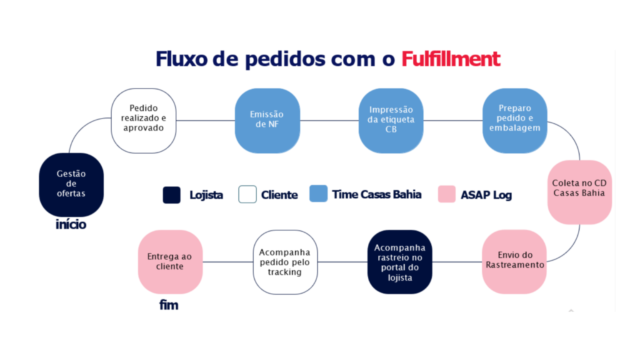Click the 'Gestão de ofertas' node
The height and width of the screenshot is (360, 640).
tap(71, 184)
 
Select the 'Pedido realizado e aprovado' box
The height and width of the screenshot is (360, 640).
tap(143, 120)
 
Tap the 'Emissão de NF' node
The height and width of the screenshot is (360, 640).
tap(267, 120)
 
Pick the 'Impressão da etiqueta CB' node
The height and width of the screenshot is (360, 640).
tap(391, 120)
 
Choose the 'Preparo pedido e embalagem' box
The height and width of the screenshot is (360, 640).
tap(515, 120)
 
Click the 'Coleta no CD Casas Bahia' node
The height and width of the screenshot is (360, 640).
tap(579, 192)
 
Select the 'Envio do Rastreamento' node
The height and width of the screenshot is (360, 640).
tap(514, 261)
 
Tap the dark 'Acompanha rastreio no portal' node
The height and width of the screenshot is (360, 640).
tap(400, 262)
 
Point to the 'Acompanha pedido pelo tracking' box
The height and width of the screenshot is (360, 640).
tap(285, 262)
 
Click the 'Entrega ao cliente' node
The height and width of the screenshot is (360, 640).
tap(170, 262)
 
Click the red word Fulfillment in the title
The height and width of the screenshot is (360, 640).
tap(450, 59)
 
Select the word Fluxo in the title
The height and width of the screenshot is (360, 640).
tap(181, 59)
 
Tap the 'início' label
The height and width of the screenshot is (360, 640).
tap(71, 225)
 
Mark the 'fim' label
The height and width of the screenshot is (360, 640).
tap(169, 305)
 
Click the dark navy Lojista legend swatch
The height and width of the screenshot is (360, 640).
tap(171, 195)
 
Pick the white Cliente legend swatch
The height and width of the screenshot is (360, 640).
tap(247, 195)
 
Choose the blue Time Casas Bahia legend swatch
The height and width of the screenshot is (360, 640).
tap(318, 194)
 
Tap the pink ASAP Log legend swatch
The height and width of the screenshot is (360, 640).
tap(447, 194)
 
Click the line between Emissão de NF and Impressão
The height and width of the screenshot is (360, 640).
tap(329, 120)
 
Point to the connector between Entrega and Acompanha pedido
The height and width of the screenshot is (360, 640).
tap(228, 262)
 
